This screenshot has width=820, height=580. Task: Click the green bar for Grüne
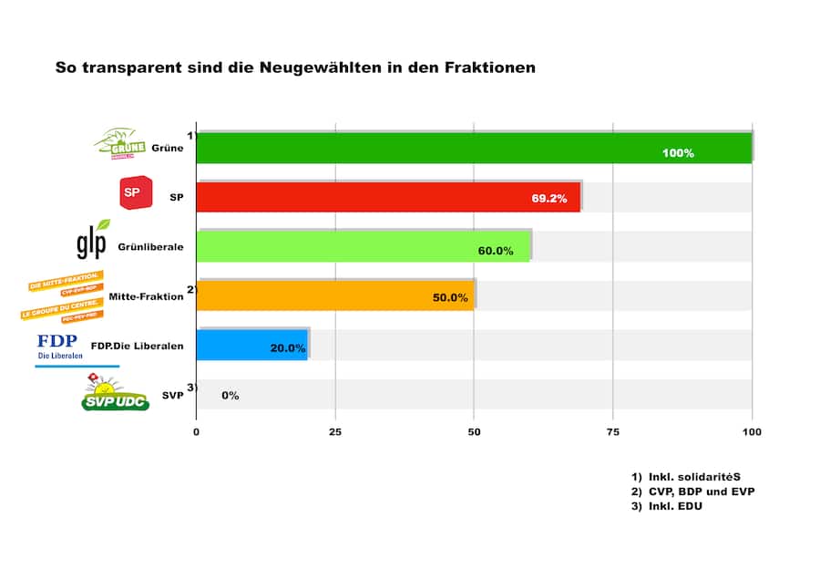474,148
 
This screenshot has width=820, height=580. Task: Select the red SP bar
389,197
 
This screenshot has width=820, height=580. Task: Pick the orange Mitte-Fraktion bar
335,295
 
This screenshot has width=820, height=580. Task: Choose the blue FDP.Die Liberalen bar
252,345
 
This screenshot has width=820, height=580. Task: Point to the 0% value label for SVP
230,396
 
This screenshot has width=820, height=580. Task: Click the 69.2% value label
549,198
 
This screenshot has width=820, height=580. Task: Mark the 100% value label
678,153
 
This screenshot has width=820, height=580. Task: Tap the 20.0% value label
288,348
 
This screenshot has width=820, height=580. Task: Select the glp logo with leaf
93,240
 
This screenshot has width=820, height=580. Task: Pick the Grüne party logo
121,143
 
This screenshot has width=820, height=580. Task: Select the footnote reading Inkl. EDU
674,506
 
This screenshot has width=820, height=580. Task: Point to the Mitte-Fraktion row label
146,296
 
